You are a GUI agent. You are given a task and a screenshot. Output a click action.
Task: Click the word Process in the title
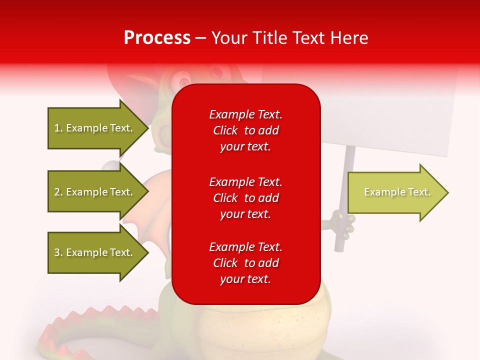157,38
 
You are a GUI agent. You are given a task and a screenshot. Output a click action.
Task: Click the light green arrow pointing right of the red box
397,192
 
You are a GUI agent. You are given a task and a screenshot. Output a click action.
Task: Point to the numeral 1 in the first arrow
57,128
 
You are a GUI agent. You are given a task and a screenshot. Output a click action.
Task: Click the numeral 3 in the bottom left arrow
57,252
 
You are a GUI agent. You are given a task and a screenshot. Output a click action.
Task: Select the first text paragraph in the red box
245,130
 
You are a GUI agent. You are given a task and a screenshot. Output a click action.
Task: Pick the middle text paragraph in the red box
245,198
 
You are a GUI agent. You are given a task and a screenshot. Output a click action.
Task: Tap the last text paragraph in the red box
245,263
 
